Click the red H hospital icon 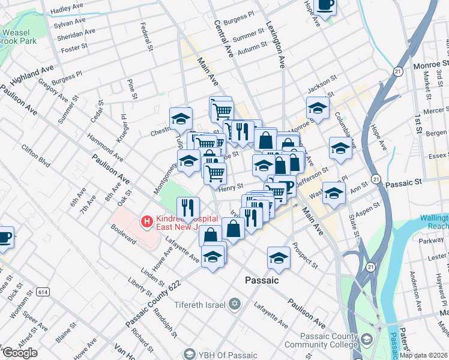146,222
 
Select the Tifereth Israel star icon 234,304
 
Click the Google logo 20,353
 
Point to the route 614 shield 42,292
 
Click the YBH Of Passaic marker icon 190,353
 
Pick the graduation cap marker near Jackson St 318,108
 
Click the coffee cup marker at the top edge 325,5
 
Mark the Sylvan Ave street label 70,22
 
